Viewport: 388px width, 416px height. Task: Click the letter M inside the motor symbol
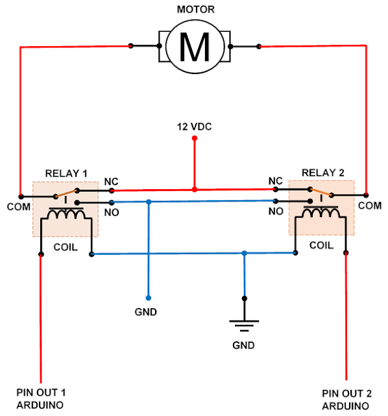pyautogui.click(x=195, y=47)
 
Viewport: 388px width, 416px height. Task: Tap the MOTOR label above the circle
pyautogui.click(x=196, y=10)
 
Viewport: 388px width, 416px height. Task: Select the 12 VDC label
pyautogui.click(x=195, y=127)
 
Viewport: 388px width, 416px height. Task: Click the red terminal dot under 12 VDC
pyautogui.click(x=195, y=138)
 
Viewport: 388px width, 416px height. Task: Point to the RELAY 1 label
pyautogui.click(x=66, y=174)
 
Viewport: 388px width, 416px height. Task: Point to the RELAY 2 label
pyautogui.click(x=323, y=173)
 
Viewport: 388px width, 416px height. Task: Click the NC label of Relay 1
pyautogui.click(x=111, y=182)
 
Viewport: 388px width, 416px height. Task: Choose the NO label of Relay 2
pyautogui.click(x=276, y=211)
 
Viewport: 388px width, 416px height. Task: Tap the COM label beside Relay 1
pyautogui.click(x=19, y=207)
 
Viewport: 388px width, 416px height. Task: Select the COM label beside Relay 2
pyautogui.click(x=370, y=206)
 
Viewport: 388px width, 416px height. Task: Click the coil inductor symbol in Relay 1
pyautogui.click(x=66, y=214)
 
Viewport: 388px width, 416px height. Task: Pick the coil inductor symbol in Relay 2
pyautogui.click(x=321, y=212)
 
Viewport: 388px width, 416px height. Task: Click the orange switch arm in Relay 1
pyautogui.click(x=66, y=194)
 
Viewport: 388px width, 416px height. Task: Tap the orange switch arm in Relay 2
pyautogui.click(x=321, y=192)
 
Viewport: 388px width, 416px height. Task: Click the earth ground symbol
pyautogui.click(x=244, y=326)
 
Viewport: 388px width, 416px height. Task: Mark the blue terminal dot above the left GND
pyautogui.click(x=149, y=298)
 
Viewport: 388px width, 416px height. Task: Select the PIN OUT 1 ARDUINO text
pyautogui.click(x=41, y=398)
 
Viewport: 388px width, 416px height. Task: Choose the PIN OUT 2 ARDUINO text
pyautogui.click(x=346, y=400)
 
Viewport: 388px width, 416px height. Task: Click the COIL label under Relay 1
pyautogui.click(x=66, y=247)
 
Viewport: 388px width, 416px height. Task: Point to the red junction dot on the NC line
pyautogui.click(x=195, y=190)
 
